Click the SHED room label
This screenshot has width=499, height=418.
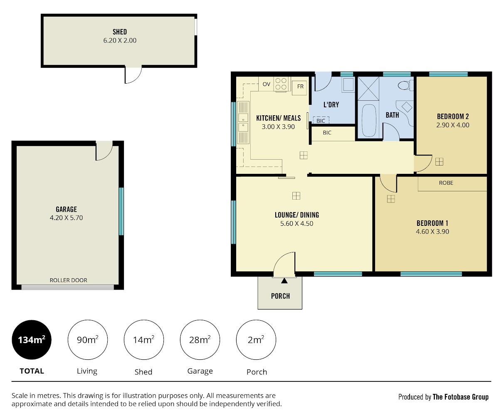coord(120,32)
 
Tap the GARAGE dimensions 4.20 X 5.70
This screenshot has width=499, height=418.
coord(66,218)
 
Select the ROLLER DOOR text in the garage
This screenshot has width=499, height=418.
coord(68,280)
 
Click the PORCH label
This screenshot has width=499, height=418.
coord(280,296)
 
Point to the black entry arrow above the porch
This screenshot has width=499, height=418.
coord(284,281)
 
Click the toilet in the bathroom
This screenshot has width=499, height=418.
coord(405,85)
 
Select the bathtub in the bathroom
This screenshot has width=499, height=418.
coord(369,121)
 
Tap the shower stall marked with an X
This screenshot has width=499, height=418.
coord(368,89)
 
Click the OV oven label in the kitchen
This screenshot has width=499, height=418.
coord(266,84)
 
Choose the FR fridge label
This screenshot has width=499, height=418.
coord(300,87)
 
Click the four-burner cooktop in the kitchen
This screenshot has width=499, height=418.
coord(281,84)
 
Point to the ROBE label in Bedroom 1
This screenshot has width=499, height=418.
coord(446,183)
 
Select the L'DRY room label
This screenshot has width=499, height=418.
coord(331,105)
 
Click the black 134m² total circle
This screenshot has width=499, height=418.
coord(32,340)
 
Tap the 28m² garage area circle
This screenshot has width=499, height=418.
coord(200,340)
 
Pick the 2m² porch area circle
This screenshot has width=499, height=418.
coord(256,340)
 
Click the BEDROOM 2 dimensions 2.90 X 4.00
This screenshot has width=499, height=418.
coord(453,125)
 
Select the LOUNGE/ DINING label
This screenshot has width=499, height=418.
coord(297,215)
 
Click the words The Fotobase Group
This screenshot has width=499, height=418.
coord(460,397)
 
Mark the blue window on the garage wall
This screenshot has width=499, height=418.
coord(121,211)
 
